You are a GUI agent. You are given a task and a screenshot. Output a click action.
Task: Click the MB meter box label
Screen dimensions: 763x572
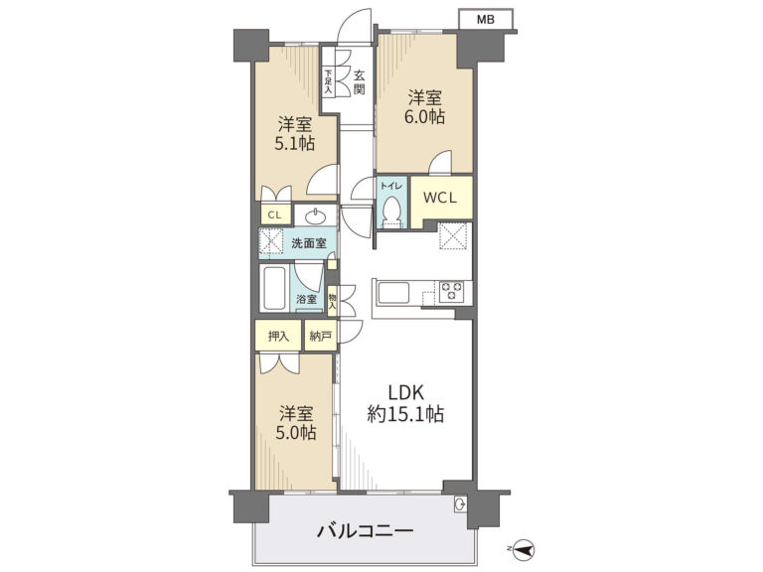click(x=485, y=20)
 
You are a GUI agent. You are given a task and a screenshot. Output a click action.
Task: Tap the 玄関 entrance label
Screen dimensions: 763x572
click(x=359, y=82)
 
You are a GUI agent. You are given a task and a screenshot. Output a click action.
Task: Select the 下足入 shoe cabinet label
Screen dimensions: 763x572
click(x=328, y=82)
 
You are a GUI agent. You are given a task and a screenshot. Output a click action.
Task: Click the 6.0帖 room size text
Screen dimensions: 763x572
click(x=425, y=117)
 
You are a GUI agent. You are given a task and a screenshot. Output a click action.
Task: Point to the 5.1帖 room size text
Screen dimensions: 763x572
click(x=294, y=143)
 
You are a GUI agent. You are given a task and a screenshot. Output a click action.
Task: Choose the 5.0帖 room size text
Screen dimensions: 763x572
click(x=296, y=432)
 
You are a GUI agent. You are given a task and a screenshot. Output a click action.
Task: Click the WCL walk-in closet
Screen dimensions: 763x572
click(x=440, y=198)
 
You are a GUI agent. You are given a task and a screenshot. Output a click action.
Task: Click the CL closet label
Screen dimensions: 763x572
click(x=275, y=214)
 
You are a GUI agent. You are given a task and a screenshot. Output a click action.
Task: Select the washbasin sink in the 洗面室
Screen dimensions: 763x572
click(x=316, y=214)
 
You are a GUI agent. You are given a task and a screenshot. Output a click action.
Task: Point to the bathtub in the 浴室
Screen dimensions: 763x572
click(x=273, y=288)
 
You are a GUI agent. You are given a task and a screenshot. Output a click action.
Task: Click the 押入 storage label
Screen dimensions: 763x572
click(x=278, y=336)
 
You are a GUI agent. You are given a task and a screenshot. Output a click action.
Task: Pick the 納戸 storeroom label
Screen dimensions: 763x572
click(x=321, y=336)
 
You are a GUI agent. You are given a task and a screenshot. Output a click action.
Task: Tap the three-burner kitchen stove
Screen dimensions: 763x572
click(x=452, y=292)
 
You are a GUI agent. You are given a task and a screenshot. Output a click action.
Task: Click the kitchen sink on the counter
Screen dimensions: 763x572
click(x=392, y=293)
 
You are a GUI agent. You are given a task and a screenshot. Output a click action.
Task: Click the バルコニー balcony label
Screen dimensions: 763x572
click(x=365, y=530)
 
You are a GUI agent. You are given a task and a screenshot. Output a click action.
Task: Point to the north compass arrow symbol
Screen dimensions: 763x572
click(x=523, y=549)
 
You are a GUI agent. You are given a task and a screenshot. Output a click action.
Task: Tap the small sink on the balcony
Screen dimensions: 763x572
click(x=460, y=504)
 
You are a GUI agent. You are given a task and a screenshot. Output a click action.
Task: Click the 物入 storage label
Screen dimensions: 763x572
click(x=333, y=300)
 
